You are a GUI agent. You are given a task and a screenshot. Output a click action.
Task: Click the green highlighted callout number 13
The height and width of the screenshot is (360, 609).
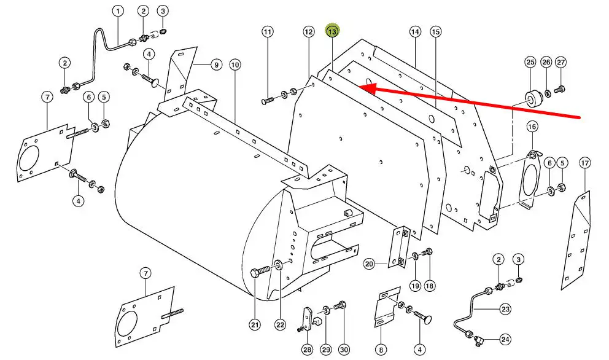[332, 31]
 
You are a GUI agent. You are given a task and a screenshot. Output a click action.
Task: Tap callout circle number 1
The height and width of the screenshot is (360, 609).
[117, 11]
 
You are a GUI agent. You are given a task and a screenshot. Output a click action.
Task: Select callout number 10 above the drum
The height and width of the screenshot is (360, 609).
[235, 65]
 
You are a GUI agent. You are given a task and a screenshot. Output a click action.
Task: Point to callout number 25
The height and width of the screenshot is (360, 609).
[530, 62]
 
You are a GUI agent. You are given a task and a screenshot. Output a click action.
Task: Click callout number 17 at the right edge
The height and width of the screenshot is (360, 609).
[584, 163]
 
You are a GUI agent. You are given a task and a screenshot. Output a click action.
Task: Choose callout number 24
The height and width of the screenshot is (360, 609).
[505, 339]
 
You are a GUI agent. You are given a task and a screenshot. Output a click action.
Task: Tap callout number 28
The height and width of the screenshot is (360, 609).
[307, 350]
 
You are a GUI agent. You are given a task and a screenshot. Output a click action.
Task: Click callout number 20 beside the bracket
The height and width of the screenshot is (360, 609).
[369, 264]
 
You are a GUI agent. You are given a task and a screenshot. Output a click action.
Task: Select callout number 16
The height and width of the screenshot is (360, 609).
[532, 127]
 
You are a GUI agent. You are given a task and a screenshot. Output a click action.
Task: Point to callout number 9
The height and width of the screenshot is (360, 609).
[215, 65]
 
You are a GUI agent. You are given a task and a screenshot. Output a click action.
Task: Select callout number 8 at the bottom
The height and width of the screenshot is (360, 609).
[381, 350]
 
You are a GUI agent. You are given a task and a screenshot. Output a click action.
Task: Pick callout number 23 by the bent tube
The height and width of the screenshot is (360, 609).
[505, 309]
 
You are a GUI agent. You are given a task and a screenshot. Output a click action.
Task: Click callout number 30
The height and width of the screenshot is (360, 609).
[343, 350]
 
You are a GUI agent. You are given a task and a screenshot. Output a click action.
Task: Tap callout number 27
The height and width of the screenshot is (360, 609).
[561, 62]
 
